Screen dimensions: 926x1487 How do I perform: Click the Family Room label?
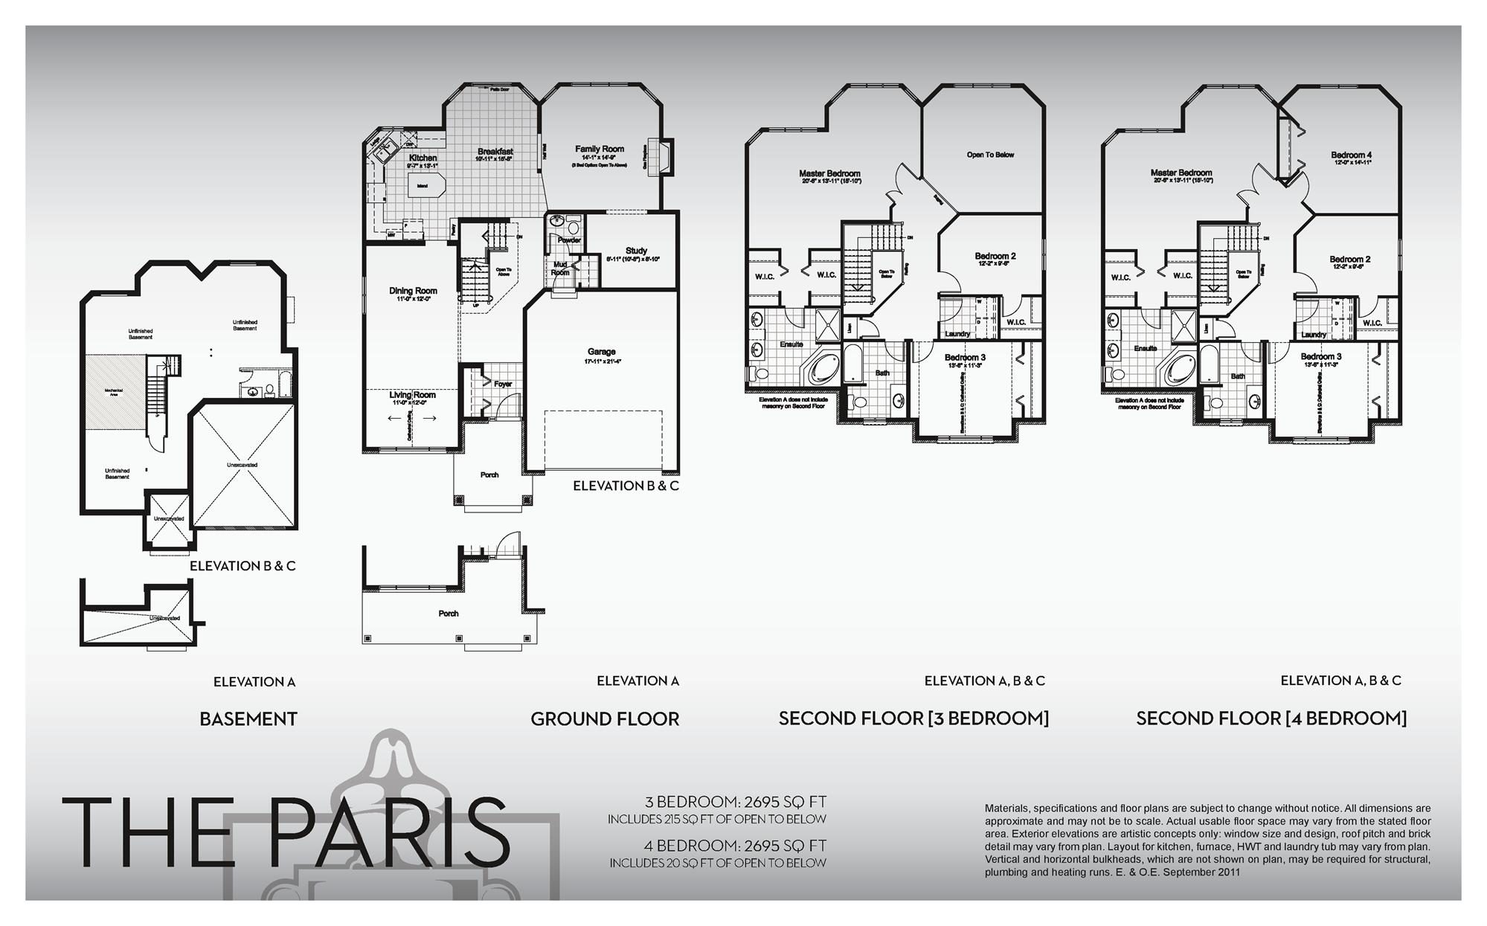pos(599,149)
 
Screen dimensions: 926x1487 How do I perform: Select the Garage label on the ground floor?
pos(601,352)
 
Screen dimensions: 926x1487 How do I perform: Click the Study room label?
pos(636,251)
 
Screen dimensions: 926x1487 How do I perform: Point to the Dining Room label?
pos(413,291)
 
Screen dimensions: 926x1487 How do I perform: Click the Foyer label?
pos(503,385)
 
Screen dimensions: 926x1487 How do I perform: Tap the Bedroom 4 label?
pos(1351,155)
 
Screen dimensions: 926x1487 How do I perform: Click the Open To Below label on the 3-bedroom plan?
pos(990,155)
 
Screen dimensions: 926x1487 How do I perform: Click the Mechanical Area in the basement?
pos(113,391)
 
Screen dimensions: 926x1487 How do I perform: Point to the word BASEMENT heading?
pos(248,719)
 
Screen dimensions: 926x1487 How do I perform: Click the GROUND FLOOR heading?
pos(604,719)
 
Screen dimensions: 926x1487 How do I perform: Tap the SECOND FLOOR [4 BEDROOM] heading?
pos(1271,718)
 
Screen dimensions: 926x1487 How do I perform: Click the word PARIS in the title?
pos(389,832)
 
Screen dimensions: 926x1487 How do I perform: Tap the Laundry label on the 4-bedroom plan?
pos(1314,335)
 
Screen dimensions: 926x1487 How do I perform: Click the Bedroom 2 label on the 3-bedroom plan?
pos(995,257)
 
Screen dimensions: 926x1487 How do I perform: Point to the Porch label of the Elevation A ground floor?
pos(448,614)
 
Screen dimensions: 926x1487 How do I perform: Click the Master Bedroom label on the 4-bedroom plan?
pos(1181,173)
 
